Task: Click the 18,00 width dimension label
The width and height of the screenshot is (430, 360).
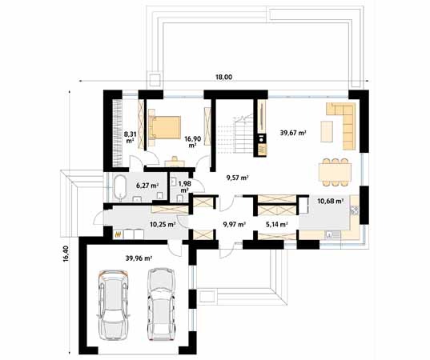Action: click(x=223, y=78)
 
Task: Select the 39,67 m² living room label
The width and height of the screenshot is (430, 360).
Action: click(x=291, y=133)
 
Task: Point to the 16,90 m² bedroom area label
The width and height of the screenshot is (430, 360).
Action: click(x=192, y=142)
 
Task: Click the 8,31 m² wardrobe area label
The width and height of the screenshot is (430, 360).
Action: click(x=128, y=136)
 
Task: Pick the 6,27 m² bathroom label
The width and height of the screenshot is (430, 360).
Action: click(x=147, y=186)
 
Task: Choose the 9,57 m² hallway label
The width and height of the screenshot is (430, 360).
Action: click(x=236, y=178)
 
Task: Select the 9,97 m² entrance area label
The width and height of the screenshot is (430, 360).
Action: click(x=235, y=224)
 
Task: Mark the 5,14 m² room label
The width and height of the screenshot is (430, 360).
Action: click(x=277, y=225)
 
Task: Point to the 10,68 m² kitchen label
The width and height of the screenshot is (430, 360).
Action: click(x=330, y=202)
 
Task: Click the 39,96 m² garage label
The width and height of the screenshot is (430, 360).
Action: click(x=139, y=258)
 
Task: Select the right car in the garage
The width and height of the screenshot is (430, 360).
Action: click(x=160, y=302)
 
